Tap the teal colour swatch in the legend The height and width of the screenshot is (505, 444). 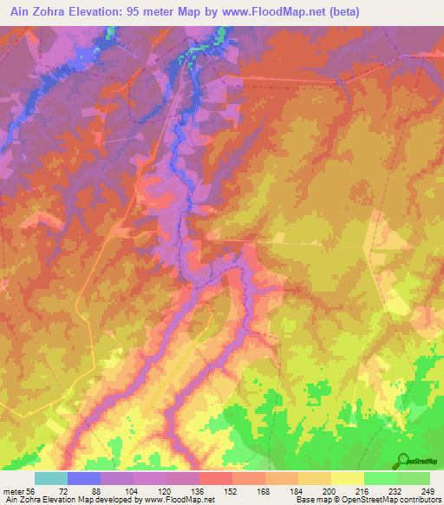[51, 478]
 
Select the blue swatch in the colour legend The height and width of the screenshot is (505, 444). [84, 478]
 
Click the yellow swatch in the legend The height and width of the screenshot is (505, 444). [347, 478]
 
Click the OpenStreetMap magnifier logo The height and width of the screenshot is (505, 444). [404, 460]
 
